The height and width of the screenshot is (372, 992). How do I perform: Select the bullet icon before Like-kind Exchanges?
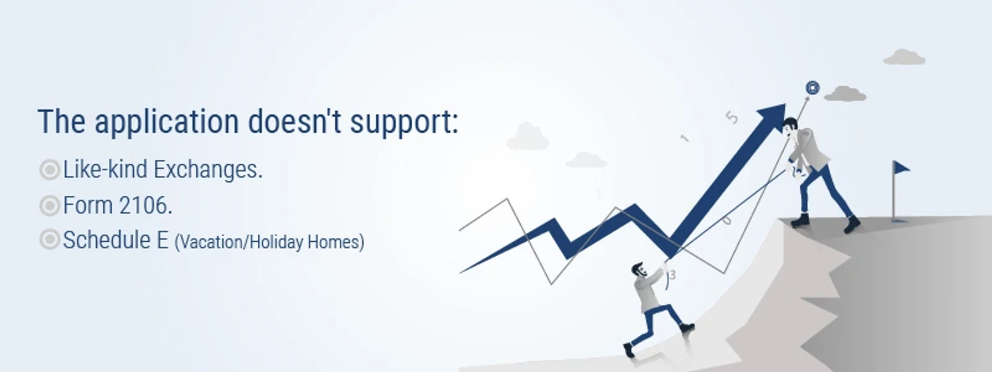coord(50,169)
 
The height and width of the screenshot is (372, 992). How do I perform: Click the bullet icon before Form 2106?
coord(50,206)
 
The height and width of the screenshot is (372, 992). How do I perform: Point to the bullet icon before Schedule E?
coord(50,240)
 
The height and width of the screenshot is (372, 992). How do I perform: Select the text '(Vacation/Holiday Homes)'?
coord(269,242)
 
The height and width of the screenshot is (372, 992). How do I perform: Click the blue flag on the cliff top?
coord(901,168)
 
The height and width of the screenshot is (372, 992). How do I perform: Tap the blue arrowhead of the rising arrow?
coord(772,117)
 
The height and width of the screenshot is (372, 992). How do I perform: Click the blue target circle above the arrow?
coord(812,88)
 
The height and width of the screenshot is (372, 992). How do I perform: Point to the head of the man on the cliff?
coord(789,127)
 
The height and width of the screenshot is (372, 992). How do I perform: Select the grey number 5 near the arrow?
coord(731,118)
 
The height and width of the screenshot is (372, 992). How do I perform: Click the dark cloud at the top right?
coord(904,57)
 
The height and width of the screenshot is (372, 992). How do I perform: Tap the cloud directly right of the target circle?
coord(845,94)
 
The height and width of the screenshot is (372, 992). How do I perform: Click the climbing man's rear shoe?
coord(628,350)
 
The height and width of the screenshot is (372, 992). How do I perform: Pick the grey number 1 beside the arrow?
coord(685,138)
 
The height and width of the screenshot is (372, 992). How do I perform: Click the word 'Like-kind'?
coord(105,169)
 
